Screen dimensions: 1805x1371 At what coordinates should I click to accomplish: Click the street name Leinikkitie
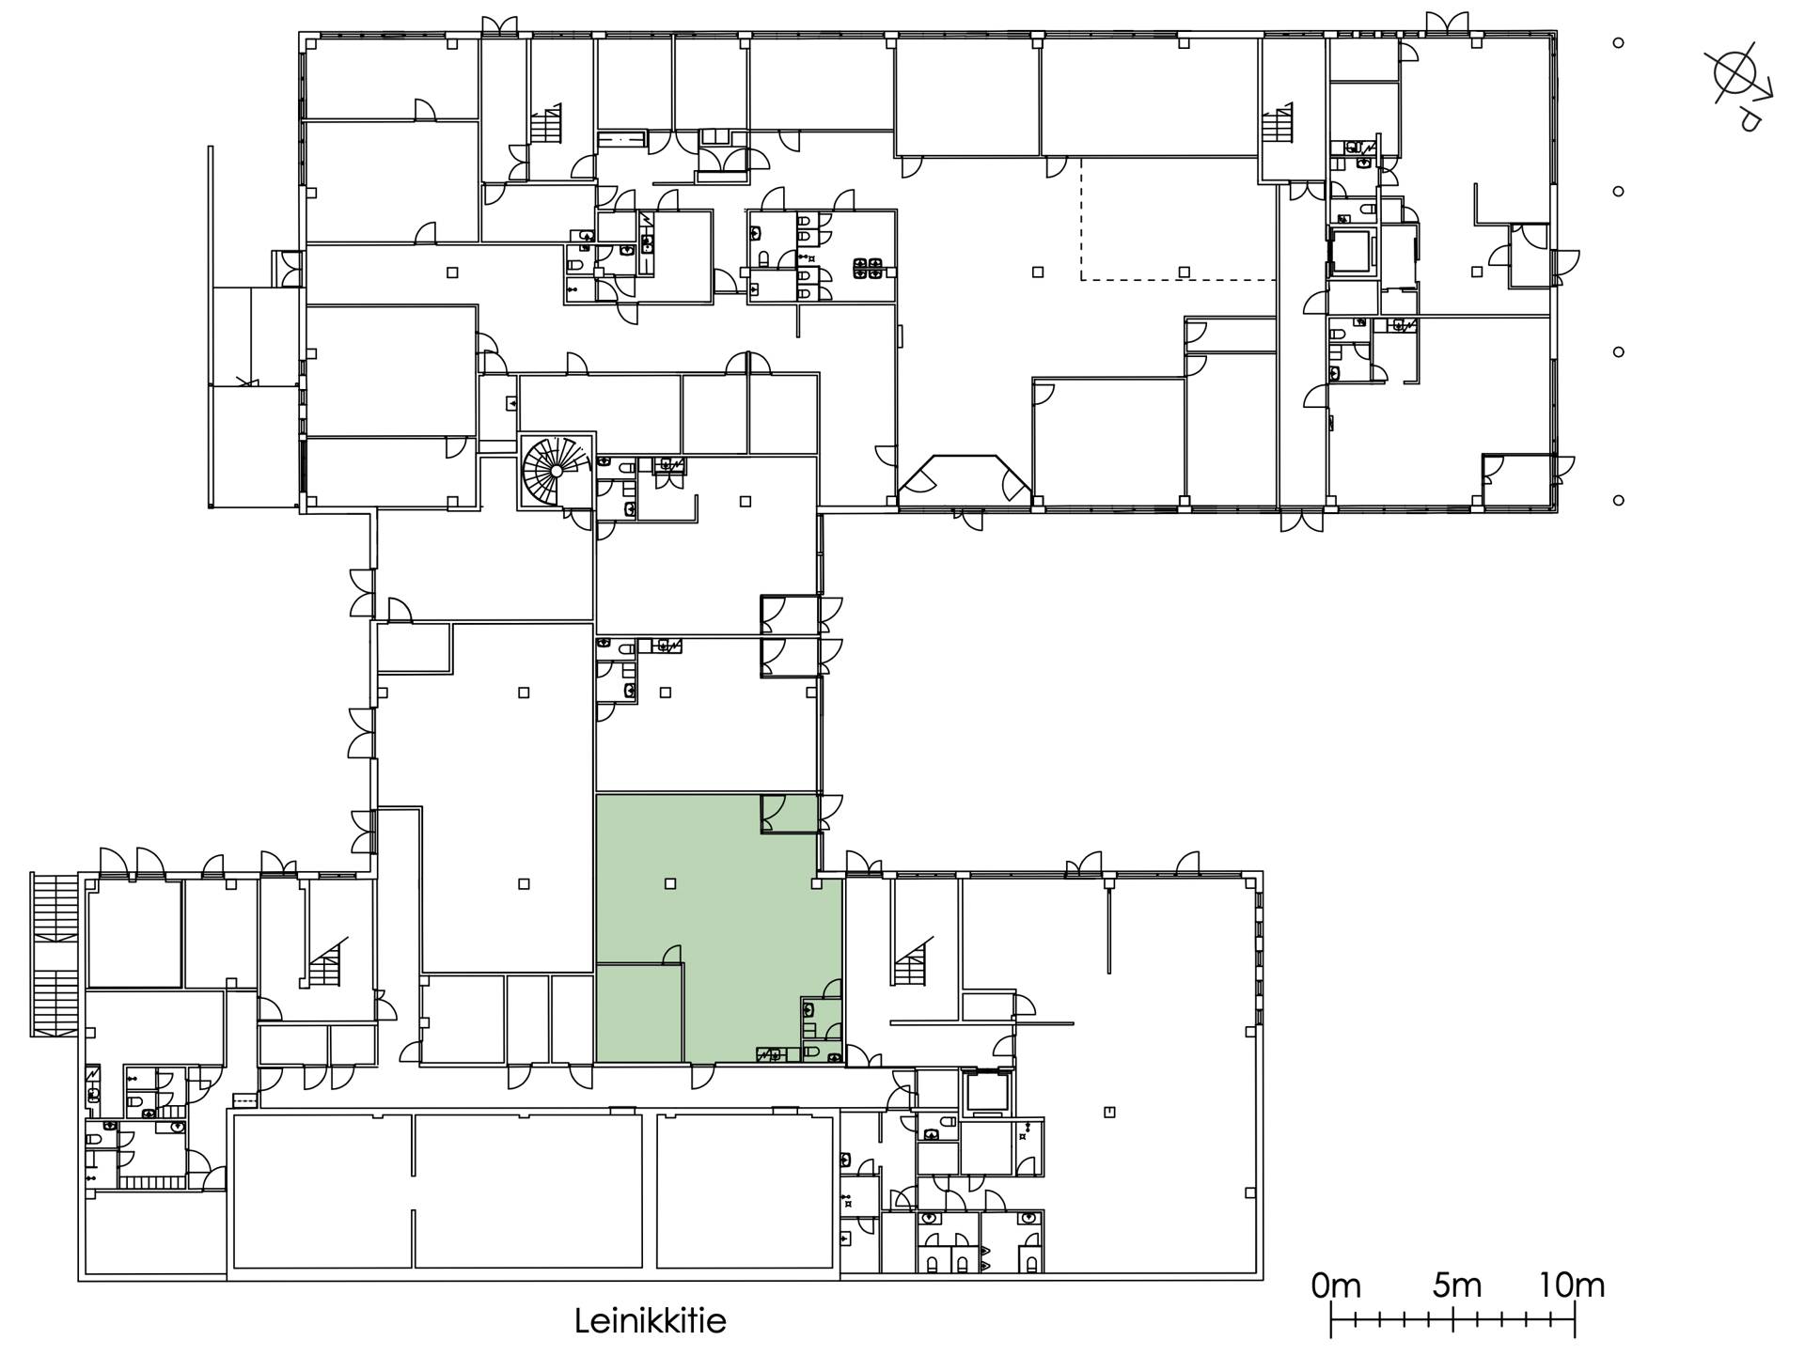coord(650,1321)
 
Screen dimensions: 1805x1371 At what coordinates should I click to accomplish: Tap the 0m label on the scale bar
coord(1336,1285)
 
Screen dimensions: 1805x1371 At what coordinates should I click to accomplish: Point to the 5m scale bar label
coord(1456,1285)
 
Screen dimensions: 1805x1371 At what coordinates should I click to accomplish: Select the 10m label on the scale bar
coord(1571,1285)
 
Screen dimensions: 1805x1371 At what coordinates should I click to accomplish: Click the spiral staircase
coord(556,471)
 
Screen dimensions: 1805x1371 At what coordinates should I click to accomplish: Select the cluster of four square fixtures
coord(867,269)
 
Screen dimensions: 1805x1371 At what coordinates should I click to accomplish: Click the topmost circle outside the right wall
coord(1618,42)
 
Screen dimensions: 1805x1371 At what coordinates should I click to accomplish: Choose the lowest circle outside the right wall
coord(1618,500)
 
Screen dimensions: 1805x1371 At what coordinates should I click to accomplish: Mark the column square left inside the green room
coord(670,883)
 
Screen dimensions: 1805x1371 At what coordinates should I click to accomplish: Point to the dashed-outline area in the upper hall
coord(1177,219)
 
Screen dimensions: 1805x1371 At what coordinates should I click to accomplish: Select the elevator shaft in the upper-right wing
coord(1352,250)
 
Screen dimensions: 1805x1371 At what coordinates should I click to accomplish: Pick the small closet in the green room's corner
coord(789,813)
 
